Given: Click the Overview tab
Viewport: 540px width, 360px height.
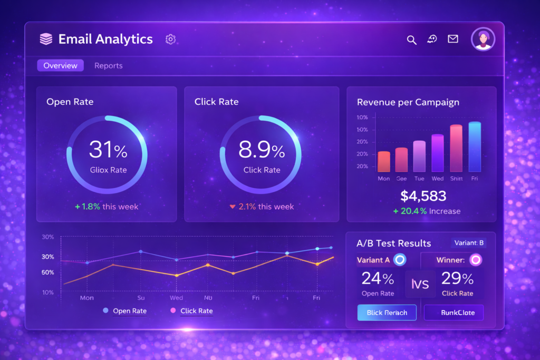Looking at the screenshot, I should click(x=60, y=65).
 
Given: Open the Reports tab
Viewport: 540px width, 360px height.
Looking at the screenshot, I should click(x=108, y=65).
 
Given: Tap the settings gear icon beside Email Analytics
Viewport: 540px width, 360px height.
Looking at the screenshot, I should click(x=170, y=39).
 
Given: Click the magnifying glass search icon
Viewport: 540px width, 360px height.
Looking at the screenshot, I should click(x=412, y=40).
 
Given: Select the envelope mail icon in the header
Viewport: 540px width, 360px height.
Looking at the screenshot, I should click(x=452, y=39).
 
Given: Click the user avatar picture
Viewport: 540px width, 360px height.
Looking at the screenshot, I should click(x=484, y=39).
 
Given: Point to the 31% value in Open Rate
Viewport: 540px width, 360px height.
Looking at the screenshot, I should click(x=108, y=150).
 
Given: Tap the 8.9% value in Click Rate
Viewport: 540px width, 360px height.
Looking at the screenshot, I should click(x=262, y=150).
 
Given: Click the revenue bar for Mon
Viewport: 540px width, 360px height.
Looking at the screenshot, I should click(x=384, y=161).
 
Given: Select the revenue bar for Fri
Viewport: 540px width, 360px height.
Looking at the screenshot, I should click(x=475, y=147).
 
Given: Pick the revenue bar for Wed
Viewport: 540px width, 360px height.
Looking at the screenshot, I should click(x=437, y=153).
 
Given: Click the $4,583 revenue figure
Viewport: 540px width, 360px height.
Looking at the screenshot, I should click(x=423, y=196).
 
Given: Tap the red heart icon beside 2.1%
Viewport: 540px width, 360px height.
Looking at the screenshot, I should click(x=232, y=207).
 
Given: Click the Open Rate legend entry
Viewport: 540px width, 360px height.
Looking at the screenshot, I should click(x=125, y=311).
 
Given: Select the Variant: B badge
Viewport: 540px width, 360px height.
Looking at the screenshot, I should click(x=469, y=243).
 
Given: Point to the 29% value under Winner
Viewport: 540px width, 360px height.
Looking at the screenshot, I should click(x=457, y=278).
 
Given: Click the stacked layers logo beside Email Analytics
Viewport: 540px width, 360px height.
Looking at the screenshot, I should click(x=46, y=39).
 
